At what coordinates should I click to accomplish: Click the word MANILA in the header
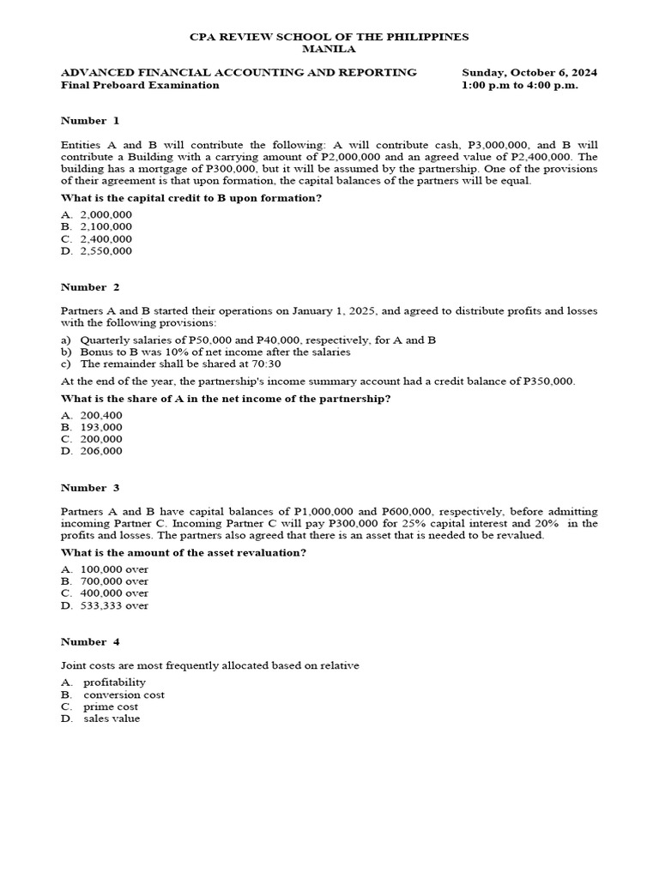329,50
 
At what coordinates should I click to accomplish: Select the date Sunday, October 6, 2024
529,73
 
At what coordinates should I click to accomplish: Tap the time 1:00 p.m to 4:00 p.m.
519,85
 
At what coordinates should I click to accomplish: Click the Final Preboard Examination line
140,85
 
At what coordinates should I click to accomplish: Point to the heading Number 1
90,120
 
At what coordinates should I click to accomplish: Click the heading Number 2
90,286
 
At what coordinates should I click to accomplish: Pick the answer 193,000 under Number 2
101,427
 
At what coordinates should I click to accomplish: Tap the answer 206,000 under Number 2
101,451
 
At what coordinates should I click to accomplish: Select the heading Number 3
90,488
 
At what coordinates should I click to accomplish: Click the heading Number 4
90,641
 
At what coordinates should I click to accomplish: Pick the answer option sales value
112,719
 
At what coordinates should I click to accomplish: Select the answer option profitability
115,683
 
